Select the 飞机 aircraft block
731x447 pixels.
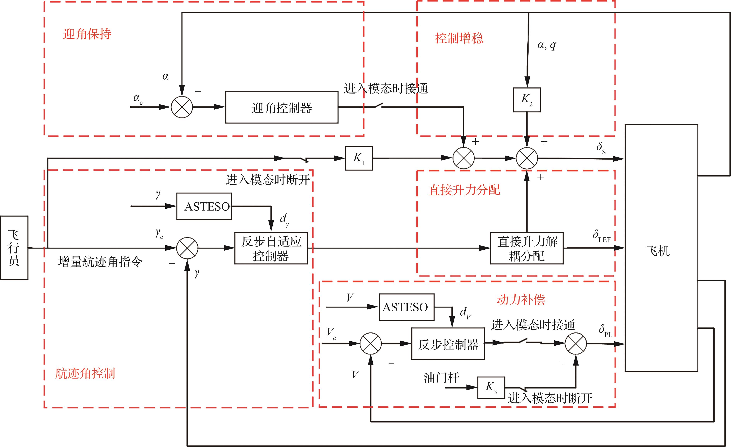point(661,248)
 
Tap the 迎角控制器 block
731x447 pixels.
point(282,107)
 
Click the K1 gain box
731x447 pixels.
point(359,158)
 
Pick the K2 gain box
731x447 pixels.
point(527,100)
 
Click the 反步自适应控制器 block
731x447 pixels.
point(271,248)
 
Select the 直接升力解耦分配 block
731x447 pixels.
point(527,248)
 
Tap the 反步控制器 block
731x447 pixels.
point(448,344)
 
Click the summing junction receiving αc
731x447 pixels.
point(182,107)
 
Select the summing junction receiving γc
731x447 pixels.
point(187,248)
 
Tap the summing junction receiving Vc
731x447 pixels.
point(371,344)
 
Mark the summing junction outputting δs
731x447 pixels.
point(527,158)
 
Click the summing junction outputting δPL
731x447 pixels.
point(576,344)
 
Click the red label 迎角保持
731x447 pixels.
point(87,34)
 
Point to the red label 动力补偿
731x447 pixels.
point(521,300)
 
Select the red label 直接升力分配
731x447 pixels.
point(464,190)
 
